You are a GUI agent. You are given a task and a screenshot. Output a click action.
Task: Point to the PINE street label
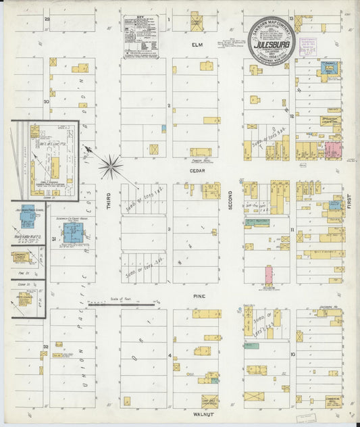coord(199,296)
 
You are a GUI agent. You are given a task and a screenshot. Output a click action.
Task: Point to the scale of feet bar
coord(122,304)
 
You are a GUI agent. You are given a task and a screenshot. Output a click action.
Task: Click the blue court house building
coord(72,233)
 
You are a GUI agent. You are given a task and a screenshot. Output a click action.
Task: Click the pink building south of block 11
coord(268,274)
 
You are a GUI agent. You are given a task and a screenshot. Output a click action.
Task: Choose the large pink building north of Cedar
coord(334,150)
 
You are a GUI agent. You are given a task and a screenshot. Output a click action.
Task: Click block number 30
coord(45,102)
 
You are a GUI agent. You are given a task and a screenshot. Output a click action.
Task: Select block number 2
coord(168,105)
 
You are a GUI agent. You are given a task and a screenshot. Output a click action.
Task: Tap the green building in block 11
coord(257,222)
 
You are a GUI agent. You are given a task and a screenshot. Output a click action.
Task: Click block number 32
coord(45,345)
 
